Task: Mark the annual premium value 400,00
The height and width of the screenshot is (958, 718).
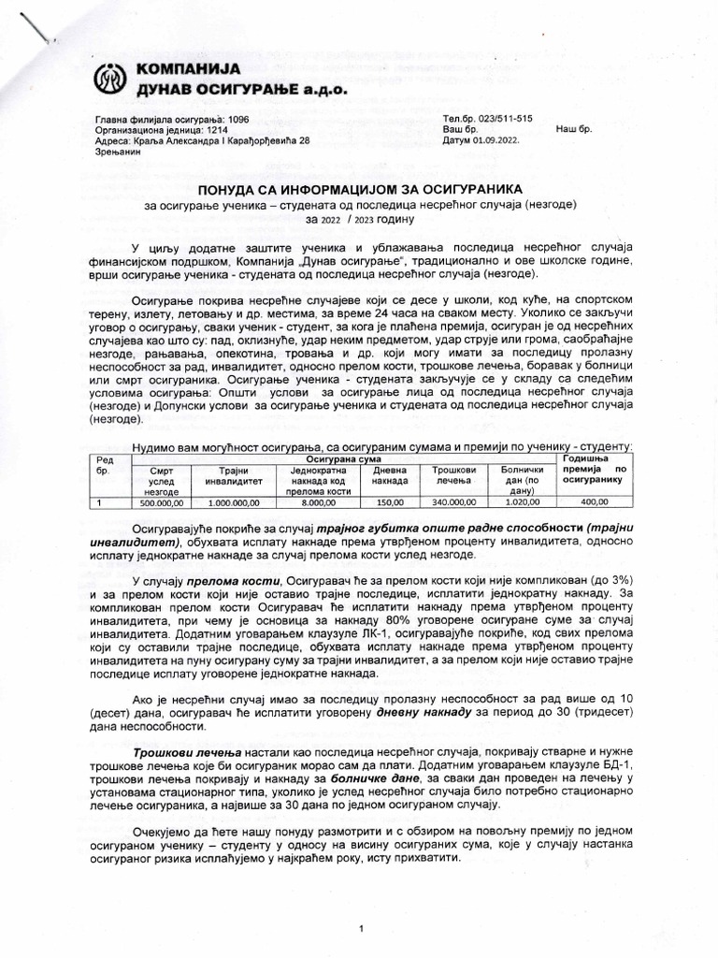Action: tap(593, 502)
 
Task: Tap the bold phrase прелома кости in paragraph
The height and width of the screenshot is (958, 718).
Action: tap(238, 581)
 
